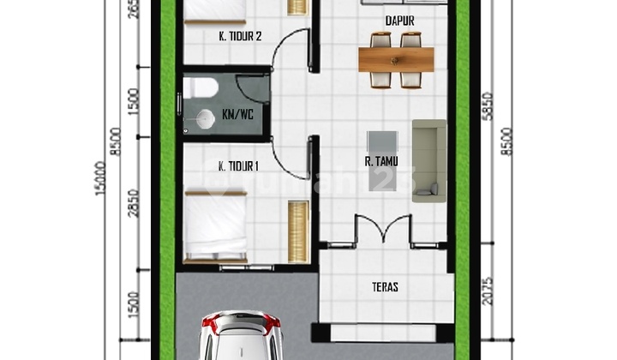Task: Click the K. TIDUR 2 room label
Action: pyautogui.click(x=229, y=36)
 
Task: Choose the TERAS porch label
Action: pyautogui.click(x=385, y=287)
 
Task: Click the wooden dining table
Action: pyautogui.click(x=398, y=59)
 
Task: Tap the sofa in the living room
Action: pyautogui.click(x=428, y=160)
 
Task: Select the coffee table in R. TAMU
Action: pyautogui.click(x=380, y=160)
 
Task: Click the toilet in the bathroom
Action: pyautogui.click(x=201, y=87)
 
